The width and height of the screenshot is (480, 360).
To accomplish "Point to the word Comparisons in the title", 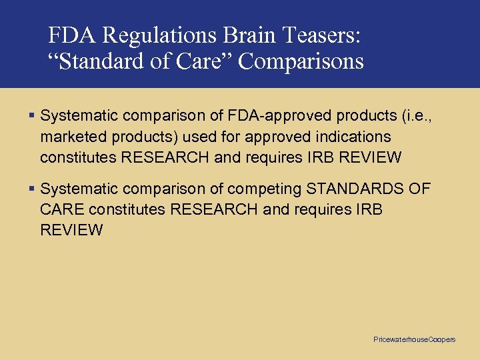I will (x=301, y=61).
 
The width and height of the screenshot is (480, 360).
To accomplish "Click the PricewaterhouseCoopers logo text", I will (x=414, y=340).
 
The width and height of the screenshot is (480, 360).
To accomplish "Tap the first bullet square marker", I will (x=33, y=116).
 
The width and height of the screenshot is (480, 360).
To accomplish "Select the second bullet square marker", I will (x=33, y=189).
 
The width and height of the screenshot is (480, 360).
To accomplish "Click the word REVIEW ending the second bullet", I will (x=71, y=231).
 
